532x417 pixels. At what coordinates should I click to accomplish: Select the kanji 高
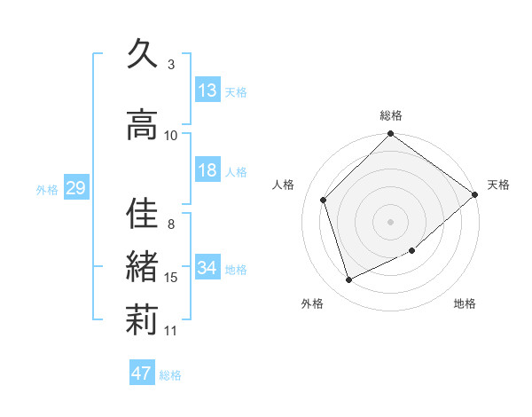(143, 124)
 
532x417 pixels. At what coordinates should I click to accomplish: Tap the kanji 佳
(143, 213)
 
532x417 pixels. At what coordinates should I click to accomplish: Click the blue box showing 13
(207, 90)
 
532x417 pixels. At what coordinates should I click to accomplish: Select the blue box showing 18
(207, 170)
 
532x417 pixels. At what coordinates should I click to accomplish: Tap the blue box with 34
(207, 268)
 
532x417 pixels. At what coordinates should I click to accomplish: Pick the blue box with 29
(75, 188)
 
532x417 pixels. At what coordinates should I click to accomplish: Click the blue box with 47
(142, 374)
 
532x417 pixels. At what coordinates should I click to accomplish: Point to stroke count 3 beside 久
(171, 65)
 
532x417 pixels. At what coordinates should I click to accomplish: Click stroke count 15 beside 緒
(171, 278)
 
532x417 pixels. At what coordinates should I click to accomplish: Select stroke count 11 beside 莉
(171, 331)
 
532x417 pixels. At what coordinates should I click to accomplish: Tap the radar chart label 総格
(391, 115)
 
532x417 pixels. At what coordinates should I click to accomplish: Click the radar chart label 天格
(498, 185)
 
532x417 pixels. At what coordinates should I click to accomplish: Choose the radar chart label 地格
(465, 304)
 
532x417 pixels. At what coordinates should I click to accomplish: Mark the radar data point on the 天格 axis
(474, 194)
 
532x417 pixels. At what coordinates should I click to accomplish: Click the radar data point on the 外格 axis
(349, 280)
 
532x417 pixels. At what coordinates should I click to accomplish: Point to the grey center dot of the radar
(391, 222)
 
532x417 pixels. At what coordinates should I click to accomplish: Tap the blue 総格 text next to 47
(170, 375)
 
